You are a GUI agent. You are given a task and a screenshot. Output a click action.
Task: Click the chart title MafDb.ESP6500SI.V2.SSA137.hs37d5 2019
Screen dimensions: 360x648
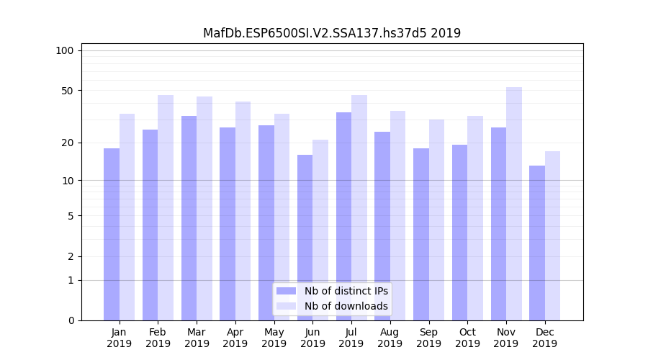tap(332, 33)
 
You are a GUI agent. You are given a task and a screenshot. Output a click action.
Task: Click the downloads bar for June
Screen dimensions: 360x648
tap(320, 230)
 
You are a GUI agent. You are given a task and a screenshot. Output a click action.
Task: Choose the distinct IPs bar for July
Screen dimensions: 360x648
tap(343, 216)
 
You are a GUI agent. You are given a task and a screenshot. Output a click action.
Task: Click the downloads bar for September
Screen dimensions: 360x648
tap(436, 220)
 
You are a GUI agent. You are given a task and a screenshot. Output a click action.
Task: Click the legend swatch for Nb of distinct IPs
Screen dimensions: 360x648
tap(287, 291)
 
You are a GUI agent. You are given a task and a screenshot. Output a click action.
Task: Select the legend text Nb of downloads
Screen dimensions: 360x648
tap(346, 306)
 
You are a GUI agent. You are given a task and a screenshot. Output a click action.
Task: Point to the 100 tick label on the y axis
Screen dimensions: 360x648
tap(65, 50)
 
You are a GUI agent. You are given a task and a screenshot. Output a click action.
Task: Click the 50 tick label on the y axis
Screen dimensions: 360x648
tap(68, 91)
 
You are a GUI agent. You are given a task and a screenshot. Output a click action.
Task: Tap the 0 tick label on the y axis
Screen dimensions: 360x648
tap(71, 320)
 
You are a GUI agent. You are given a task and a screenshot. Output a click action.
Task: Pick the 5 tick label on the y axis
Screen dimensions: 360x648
tap(71, 216)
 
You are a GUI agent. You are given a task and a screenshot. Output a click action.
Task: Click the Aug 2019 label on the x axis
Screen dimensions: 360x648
tap(390, 338)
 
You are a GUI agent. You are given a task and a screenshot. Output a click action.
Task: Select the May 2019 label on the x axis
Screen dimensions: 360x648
tap(274, 338)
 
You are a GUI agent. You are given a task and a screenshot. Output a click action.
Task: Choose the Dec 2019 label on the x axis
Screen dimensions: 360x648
tap(544, 338)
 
